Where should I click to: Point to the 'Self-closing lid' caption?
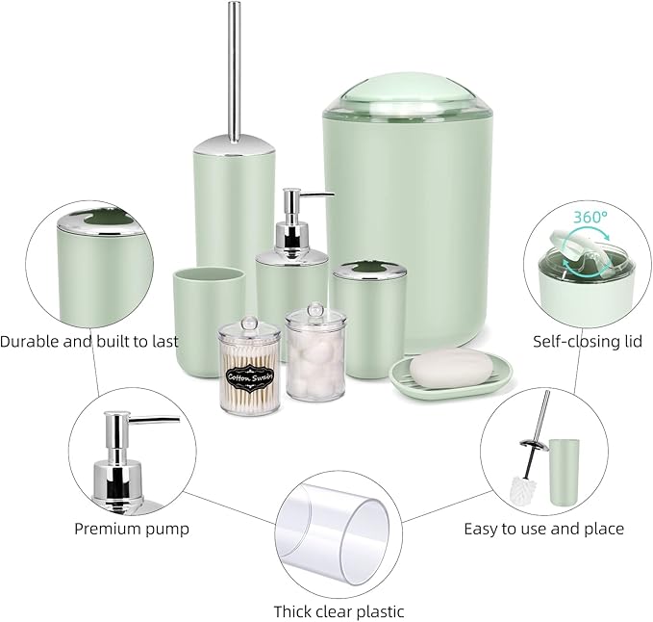[x=588, y=341]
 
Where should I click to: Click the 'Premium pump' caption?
[x=132, y=528]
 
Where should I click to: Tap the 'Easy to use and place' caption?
[x=543, y=528]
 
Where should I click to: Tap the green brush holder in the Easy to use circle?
[x=562, y=472]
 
